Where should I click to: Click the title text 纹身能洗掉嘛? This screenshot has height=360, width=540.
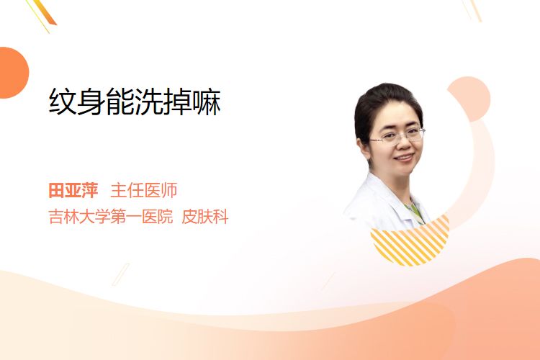click(x=135, y=102)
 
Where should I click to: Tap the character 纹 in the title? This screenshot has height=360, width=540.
click(x=63, y=102)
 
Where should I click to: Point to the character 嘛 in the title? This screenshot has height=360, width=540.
click(x=207, y=102)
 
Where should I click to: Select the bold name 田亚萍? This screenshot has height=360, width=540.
click(x=73, y=191)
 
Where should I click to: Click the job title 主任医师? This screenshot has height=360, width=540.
click(x=143, y=191)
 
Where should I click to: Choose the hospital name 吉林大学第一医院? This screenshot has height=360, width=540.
click(x=111, y=217)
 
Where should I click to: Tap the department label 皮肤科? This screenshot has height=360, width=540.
click(x=205, y=217)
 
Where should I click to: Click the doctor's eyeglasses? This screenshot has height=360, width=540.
click(x=397, y=136)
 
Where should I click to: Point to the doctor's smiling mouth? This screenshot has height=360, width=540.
click(x=404, y=158)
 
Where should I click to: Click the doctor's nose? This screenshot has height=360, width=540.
click(x=405, y=145)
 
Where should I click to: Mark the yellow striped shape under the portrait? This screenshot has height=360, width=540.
click(x=412, y=243)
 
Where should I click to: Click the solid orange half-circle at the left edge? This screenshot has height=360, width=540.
click(x=13, y=73)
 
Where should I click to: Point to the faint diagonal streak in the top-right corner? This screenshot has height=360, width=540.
click(x=472, y=10)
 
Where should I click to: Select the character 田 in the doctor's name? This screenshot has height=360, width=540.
click(x=56, y=191)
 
